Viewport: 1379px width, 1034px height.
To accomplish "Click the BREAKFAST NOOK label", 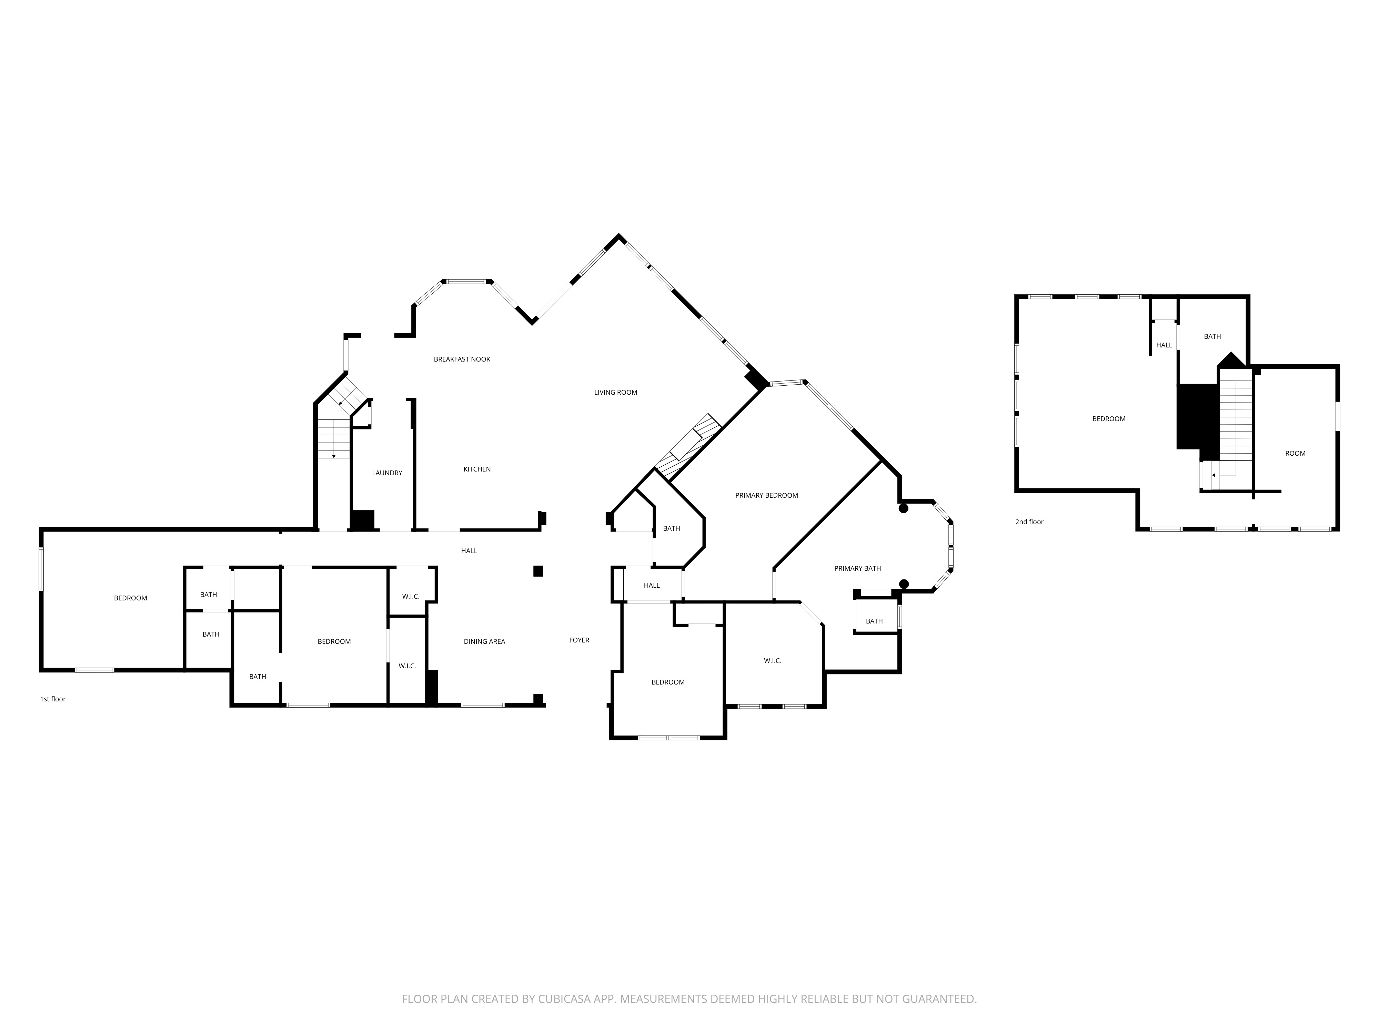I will [x=462, y=359].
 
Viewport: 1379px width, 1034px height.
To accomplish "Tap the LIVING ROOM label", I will [x=615, y=392].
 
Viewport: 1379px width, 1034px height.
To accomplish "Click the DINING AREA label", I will [x=484, y=641].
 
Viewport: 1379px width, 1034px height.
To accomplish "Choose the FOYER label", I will [x=579, y=640].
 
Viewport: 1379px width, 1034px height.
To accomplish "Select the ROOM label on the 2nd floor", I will [x=1295, y=453].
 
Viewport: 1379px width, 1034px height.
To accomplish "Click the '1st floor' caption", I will [x=53, y=699].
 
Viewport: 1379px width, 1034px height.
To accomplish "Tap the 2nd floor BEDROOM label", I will [x=1108, y=419].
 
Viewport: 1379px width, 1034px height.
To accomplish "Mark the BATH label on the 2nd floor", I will [x=1212, y=336].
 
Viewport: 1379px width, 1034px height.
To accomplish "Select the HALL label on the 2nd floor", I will [x=1164, y=345].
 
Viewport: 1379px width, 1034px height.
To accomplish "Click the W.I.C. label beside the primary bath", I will [x=773, y=661].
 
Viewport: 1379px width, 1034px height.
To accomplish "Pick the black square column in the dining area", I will [x=538, y=571].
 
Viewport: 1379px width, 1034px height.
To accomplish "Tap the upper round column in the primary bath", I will [x=903, y=509].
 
